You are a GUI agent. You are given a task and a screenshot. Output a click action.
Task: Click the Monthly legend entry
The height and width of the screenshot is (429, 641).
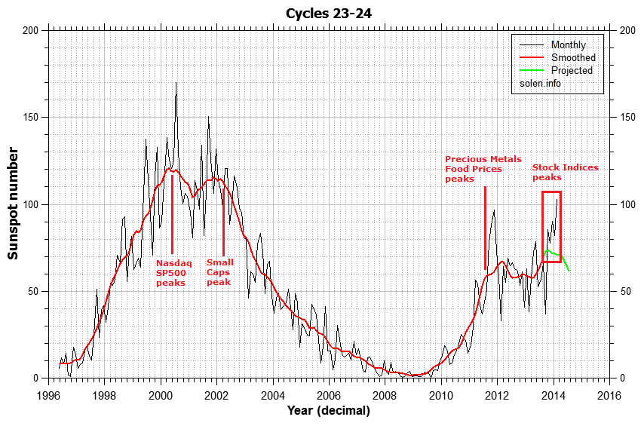(568, 45)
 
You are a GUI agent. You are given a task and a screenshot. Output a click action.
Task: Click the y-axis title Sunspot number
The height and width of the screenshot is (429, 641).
(14, 204)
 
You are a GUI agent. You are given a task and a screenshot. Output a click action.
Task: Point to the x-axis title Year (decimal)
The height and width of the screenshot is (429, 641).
(328, 411)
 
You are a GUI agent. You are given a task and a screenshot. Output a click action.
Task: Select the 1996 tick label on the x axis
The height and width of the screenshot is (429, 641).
(49, 394)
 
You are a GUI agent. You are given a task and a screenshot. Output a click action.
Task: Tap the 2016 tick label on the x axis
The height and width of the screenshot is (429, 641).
(608, 394)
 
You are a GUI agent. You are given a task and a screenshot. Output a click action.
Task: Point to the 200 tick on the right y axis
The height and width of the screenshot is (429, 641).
(626, 30)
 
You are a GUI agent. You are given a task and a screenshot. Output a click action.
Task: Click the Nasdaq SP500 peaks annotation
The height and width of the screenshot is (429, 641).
(173, 273)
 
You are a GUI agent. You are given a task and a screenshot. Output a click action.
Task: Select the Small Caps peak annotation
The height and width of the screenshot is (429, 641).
(220, 272)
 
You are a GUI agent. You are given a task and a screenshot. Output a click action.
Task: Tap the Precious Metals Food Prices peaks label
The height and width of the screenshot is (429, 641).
(483, 169)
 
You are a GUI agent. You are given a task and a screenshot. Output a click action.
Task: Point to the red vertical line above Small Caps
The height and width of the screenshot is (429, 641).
(224, 218)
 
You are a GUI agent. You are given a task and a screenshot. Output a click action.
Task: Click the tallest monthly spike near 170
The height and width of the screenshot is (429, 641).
(176, 84)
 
